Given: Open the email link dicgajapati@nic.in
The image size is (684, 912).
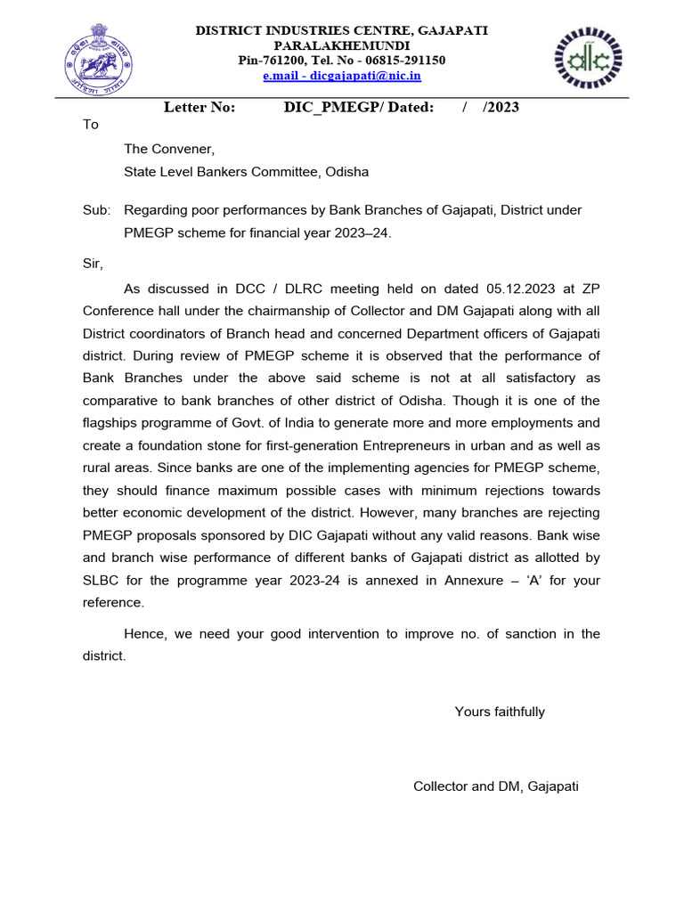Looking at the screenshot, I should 341,77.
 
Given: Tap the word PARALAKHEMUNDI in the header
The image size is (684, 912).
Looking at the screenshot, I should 341,45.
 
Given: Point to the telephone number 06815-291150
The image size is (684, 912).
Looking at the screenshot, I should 404,61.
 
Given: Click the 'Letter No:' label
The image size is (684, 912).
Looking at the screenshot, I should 199,108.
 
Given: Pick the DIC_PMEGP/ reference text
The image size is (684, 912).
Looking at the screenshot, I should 332,108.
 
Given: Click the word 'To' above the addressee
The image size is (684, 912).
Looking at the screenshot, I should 91,125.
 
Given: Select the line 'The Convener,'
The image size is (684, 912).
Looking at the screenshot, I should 169,149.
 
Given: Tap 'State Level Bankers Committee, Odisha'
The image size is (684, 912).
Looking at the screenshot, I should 246,172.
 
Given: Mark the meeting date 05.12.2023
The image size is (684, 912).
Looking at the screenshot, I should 520,289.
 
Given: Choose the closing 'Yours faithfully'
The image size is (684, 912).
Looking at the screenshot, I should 500,712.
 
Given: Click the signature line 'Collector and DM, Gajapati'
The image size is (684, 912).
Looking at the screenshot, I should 496,786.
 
